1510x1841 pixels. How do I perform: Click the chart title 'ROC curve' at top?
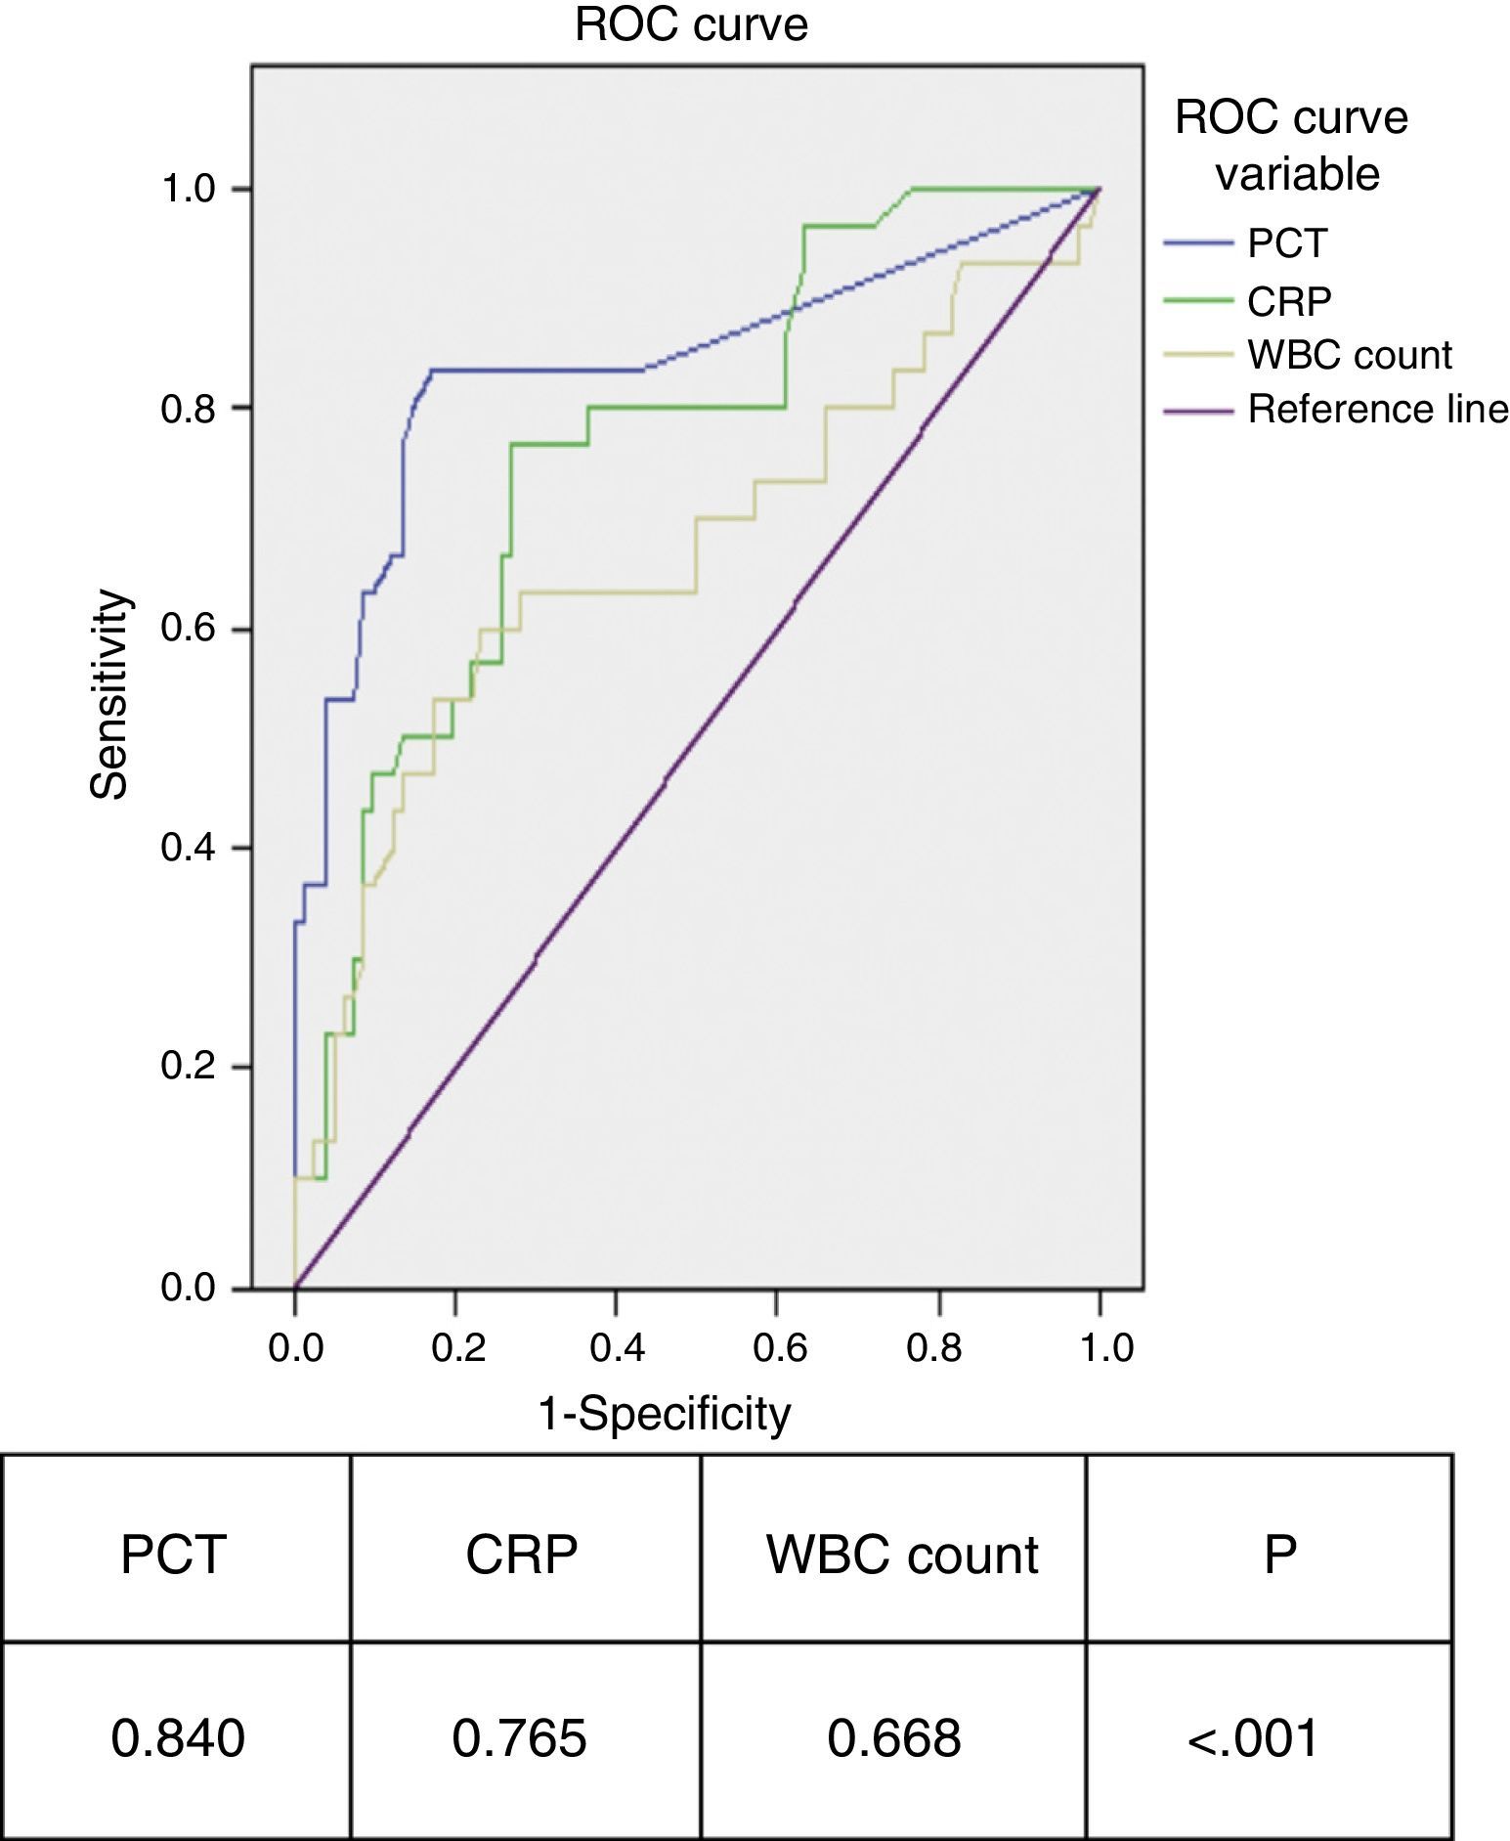point(691,25)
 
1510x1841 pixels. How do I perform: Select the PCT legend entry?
point(1287,242)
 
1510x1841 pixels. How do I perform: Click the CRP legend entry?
point(1289,301)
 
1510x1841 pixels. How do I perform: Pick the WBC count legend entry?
point(1350,355)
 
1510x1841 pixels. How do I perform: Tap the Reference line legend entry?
point(1377,409)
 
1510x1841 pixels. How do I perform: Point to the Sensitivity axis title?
point(110,694)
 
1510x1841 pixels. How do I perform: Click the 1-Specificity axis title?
point(665,1414)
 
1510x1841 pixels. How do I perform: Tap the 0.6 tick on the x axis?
point(779,1348)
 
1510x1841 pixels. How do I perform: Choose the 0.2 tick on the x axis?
point(457,1348)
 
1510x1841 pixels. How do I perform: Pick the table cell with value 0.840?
point(178,1738)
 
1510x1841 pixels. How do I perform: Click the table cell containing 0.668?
point(893,1738)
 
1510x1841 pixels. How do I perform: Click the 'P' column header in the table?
point(1279,1555)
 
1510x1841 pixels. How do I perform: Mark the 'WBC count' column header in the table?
point(901,1555)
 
